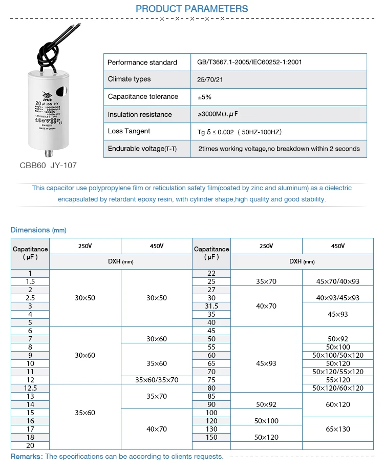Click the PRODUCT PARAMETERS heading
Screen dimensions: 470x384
coord(191,9)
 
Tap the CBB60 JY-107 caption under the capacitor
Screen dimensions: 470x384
coord(48,165)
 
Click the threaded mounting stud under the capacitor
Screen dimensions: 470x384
coord(49,153)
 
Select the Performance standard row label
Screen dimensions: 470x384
coord(142,63)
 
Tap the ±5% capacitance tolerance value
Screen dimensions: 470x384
coord(204,97)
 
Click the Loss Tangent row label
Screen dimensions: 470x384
coord(129,132)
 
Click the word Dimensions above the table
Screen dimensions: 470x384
coord(30,230)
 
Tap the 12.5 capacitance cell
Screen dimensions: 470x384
coord(30,388)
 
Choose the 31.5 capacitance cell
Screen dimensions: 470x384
coord(211,306)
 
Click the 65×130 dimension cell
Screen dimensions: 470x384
coord(337,429)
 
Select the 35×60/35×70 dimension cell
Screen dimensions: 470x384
coord(156,380)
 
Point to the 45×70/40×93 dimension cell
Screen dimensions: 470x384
coord(337,281)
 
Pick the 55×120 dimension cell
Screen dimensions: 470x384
coord(337,380)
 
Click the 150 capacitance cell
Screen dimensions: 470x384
coord(211,437)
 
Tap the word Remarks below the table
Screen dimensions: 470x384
coord(27,456)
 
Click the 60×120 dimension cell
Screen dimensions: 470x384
coord(337,404)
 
